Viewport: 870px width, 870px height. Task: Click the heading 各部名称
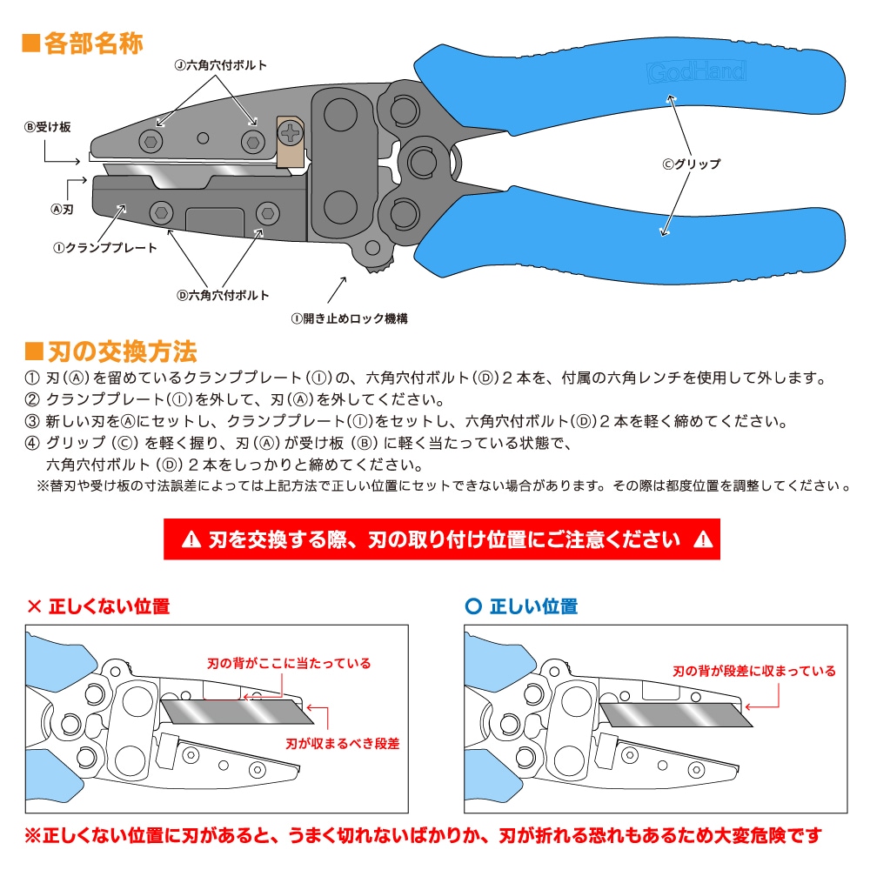coord(83,43)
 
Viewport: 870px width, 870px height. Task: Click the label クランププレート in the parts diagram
coord(105,248)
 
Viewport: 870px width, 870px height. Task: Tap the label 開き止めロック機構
coord(350,318)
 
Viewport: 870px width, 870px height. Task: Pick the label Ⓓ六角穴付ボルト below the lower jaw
coord(223,295)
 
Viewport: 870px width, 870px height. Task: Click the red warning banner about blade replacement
coord(442,539)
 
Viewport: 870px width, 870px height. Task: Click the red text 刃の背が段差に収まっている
coord(754,671)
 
